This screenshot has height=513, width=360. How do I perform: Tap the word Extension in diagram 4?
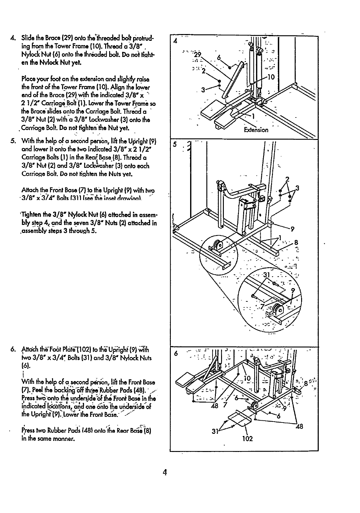click(x=256, y=130)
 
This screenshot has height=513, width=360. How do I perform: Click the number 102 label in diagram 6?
click(x=247, y=438)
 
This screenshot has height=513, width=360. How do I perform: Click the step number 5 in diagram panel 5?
click(x=175, y=144)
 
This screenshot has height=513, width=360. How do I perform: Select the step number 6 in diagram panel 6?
click(x=176, y=353)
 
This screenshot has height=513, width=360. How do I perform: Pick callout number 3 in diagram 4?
click(x=203, y=90)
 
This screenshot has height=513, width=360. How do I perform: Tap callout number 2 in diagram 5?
click(x=287, y=179)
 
